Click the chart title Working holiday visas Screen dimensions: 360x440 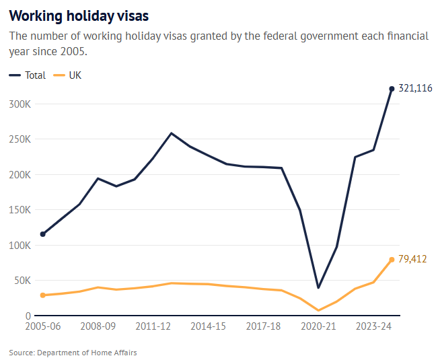point(79,15)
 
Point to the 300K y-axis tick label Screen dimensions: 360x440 point(20,104)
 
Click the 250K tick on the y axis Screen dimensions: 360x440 point(20,139)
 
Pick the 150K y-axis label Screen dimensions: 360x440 point(20,210)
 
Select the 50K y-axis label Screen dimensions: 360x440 point(23,281)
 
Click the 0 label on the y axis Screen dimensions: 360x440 point(28,316)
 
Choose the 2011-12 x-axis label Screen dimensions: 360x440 point(153,326)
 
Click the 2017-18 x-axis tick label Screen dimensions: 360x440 point(263,326)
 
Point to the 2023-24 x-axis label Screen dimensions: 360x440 point(373,326)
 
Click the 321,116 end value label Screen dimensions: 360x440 point(415,88)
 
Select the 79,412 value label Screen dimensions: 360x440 point(412,259)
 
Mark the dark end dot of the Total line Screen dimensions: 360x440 point(392,89)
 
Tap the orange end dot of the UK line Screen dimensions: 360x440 point(392,260)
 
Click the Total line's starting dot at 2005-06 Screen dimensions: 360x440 point(43,234)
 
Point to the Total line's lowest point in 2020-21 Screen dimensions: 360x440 point(318,288)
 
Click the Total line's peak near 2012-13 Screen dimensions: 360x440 point(172,133)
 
